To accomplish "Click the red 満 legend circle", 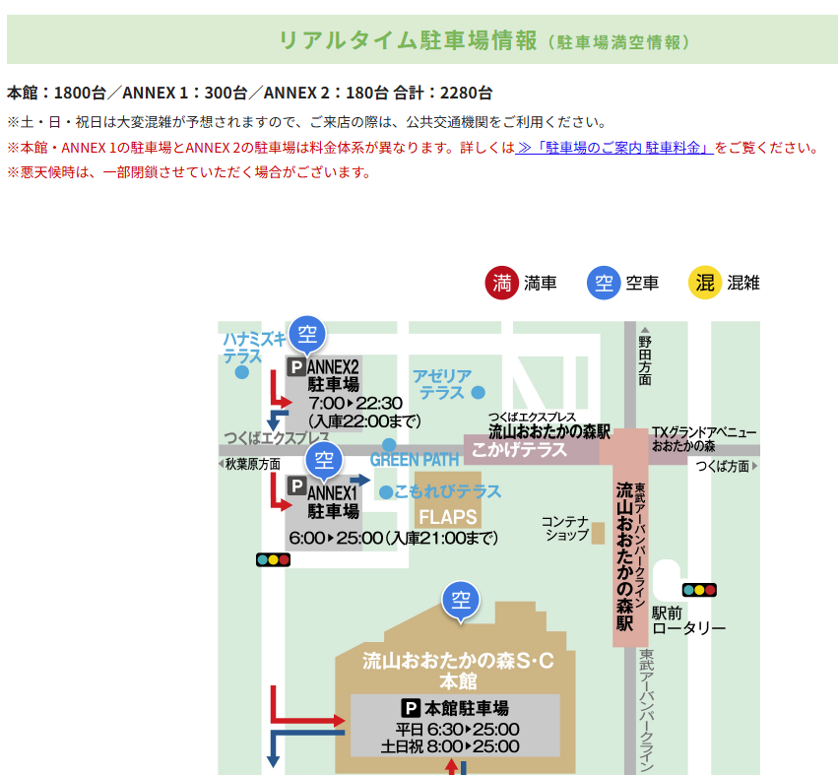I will click(x=502, y=283).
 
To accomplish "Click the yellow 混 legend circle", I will click(x=705, y=283).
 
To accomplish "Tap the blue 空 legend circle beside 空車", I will click(x=604, y=283).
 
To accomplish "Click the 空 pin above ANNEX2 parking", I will click(x=307, y=333).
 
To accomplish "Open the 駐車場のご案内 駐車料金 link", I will click(x=614, y=148).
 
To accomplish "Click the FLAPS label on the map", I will click(x=447, y=517).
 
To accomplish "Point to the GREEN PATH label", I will click(x=415, y=460).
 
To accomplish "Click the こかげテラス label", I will click(x=519, y=450).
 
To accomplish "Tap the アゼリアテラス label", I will click(x=442, y=383).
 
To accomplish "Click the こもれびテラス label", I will click(x=447, y=490).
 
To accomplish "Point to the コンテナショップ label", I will click(x=565, y=528).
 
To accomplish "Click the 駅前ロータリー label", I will click(x=688, y=620).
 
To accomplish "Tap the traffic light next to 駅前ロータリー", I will click(x=699, y=590).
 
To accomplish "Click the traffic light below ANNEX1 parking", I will click(x=273, y=559).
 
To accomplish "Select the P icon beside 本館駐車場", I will click(x=411, y=708).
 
